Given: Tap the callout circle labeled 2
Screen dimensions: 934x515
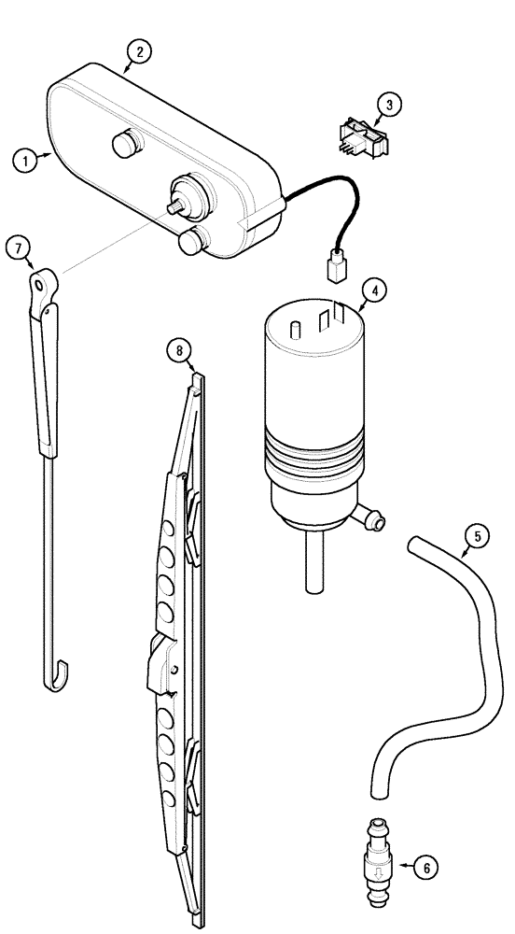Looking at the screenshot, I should click(138, 51).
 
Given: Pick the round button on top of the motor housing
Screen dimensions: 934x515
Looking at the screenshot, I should click(124, 144).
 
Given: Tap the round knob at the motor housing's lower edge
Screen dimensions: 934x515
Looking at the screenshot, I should click(190, 243).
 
